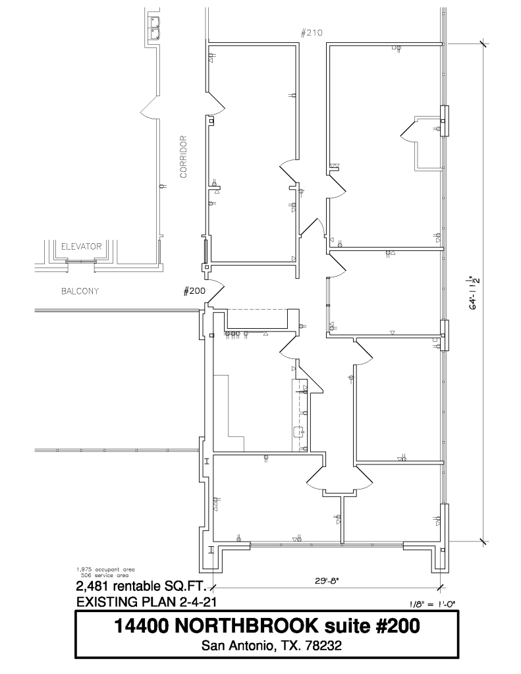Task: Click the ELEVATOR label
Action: point(81,246)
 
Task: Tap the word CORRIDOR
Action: point(184,157)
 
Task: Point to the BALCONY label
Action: point(80,291)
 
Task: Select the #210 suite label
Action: point(312,33)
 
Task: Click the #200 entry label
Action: point(194,291)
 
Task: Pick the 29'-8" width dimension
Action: point(327,580)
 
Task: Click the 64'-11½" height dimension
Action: point(474,292)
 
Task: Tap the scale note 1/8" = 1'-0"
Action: point(431,604)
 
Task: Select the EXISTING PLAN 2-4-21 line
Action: point(146,602)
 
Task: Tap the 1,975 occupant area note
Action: point(105,569)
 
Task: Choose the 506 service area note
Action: point(105,575)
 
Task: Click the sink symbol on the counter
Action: point(298,432)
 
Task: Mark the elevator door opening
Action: point(81,261)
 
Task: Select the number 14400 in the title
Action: point(141,626)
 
